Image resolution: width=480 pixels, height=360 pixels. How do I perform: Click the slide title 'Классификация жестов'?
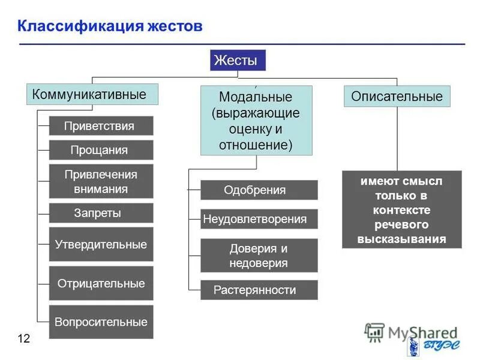[x=110, y=26]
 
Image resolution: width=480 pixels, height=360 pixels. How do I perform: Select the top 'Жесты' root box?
[x=237, y=61]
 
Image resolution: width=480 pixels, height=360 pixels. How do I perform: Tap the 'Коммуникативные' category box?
[x=92, y=95]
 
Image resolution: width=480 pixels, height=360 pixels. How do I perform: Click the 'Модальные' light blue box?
[x=256, y=121]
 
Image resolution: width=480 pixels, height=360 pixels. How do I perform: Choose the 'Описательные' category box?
[x=397, y=97]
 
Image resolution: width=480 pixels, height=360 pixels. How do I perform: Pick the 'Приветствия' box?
[x=101, y=126]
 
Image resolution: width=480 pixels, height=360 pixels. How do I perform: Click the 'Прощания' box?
[x=101, y=150]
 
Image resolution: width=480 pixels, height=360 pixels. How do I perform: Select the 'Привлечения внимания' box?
[x=101, y=181]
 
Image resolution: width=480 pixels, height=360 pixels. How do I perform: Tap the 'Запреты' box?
[x=101, y=213]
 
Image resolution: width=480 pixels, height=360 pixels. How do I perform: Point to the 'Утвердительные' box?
[x=101, y=244]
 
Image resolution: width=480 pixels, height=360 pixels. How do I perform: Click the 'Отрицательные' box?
[x=101, y=283]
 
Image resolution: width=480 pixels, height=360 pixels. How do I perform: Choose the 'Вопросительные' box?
[x=101, y=322]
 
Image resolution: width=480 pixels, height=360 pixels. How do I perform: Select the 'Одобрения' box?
[x=259, y=190]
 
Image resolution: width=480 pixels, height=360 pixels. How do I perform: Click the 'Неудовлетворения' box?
[x=259, y=219]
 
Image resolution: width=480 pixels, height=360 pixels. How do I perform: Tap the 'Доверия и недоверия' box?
[x=259, y=256]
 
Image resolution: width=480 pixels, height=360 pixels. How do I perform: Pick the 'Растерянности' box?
[x=259, y=290]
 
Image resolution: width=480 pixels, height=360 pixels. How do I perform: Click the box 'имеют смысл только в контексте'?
[x=402, y=209]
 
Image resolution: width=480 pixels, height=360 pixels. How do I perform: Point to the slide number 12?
[x=23, y=339]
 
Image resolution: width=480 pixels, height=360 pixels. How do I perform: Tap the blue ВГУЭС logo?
[x=432, y=347]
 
